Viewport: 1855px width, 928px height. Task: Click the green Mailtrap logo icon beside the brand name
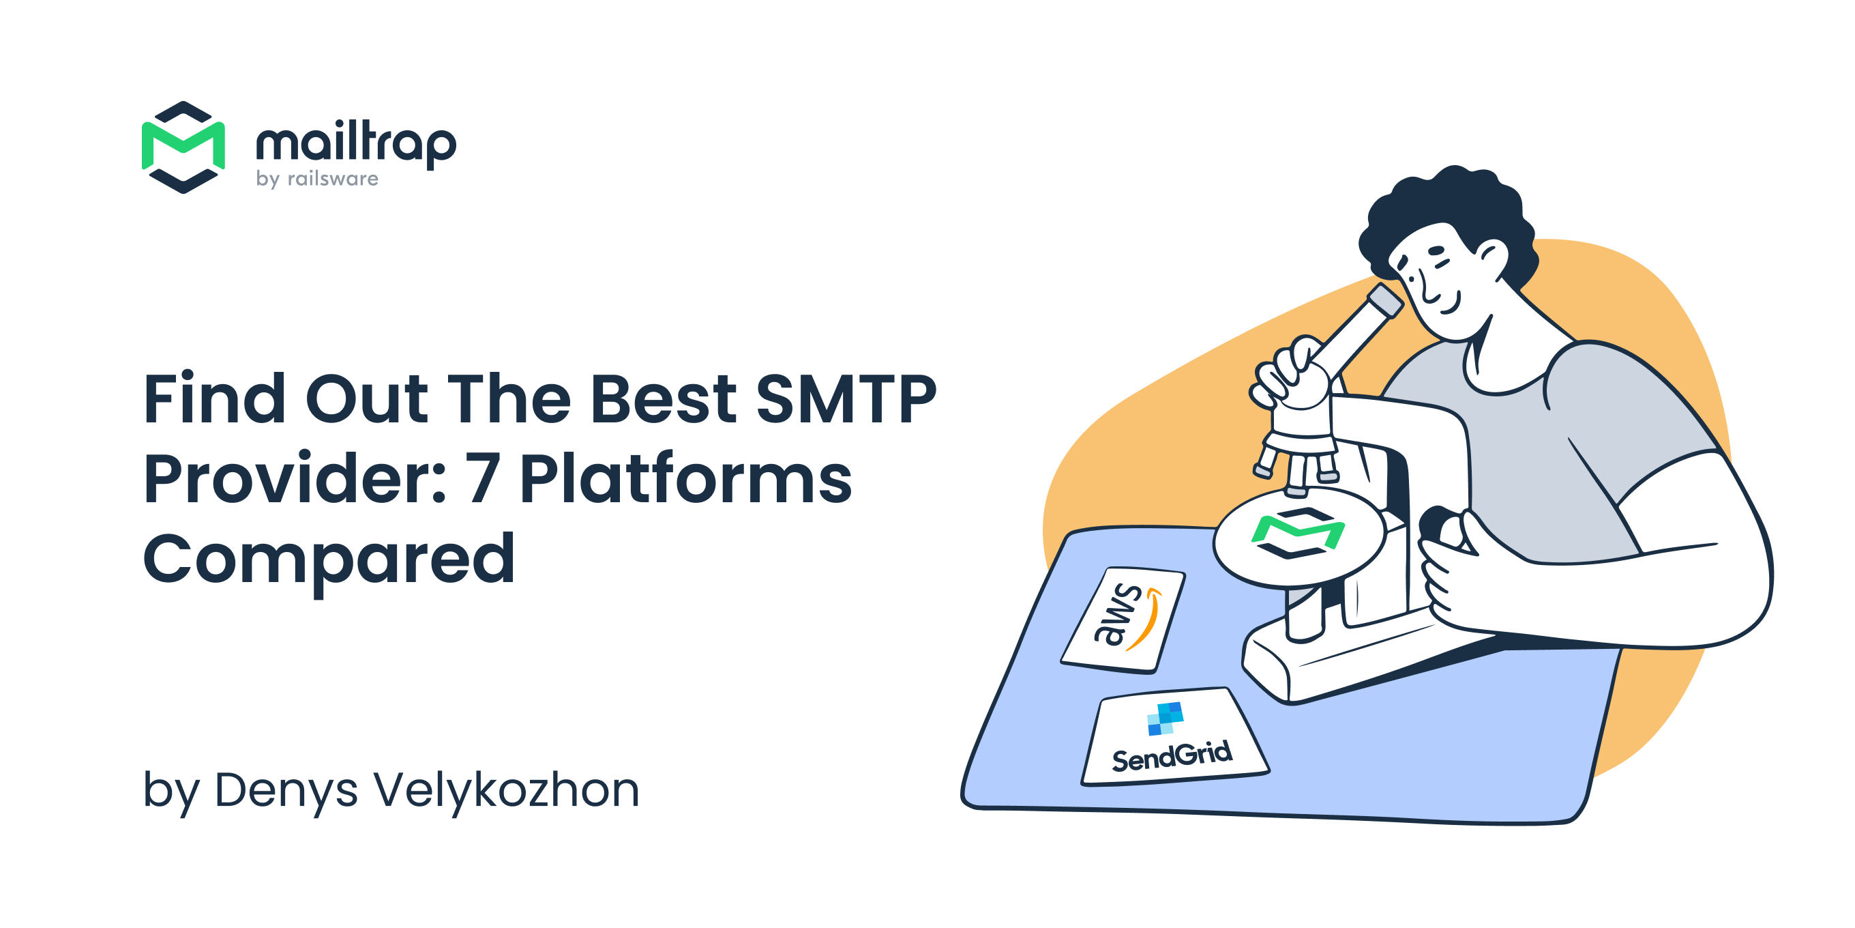[x=183, y=147]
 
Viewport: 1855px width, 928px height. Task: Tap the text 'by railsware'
[x=317, y=179]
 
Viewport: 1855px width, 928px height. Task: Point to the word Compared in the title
[x=329, y=559]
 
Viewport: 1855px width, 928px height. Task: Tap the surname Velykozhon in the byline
[x=506, y=789]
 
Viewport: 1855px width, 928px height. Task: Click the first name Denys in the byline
[x=286, y=789]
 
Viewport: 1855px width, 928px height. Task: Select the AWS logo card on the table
[x=1124, y=619]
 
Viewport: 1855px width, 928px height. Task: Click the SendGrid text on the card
[x=1172, y=757]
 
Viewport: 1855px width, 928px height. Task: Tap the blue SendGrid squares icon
[x=1164, y=718]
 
